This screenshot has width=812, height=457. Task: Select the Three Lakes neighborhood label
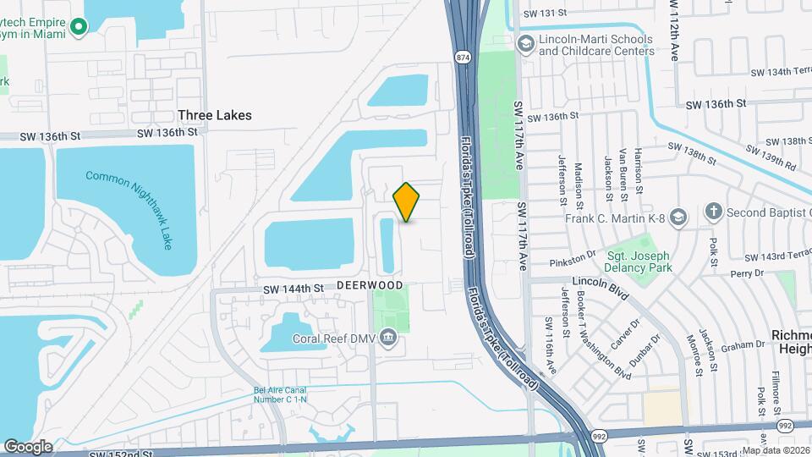tap(215, 115)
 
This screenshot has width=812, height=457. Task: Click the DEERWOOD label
tap(369, 286)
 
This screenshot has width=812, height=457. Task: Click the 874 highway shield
tap(462, 58)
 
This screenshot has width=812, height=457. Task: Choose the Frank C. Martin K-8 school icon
tap(677, 217)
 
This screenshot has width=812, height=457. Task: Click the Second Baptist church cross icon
tap(714, 212)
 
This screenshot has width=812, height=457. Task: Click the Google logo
tap(28, 446)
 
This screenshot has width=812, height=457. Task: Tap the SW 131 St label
tap(543, 13)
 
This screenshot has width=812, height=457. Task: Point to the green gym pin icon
tap(80, 27)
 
